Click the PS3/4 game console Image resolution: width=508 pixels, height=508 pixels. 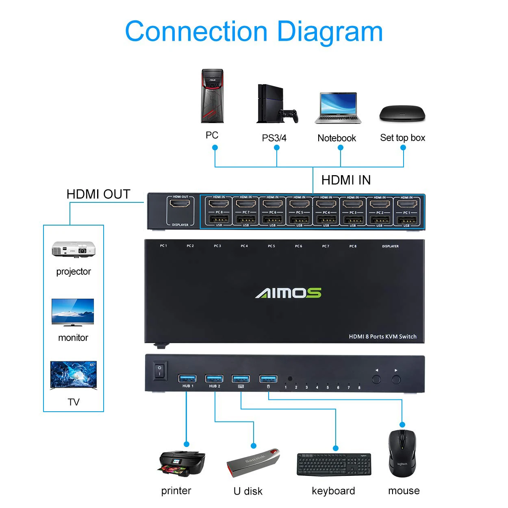[x=276, y=104]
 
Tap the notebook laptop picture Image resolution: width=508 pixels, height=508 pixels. [x=338, y=108]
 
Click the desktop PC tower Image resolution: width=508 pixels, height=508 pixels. [x=213, y=96]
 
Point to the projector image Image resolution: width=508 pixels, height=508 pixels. [x=74, y=249]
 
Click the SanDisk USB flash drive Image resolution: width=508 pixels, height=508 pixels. [x=253, y=463]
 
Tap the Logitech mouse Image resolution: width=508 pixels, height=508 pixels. [x=402, y=453]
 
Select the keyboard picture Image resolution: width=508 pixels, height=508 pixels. [x=334, y=464]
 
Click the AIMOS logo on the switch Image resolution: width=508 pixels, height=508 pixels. [x=288, y=293]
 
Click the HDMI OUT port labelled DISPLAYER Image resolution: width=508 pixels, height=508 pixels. [x=179, y=203]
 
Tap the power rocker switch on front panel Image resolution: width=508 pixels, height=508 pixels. [x=160, y=370]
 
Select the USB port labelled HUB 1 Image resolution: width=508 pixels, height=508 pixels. [x=187, y=378]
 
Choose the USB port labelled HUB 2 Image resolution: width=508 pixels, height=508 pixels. [x=214, y=378]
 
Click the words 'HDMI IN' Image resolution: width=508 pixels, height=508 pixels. [x=346, y=180]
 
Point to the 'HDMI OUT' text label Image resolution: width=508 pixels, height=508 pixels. [x=98, y=194]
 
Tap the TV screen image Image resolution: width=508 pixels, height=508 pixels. [x=74, y=376]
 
